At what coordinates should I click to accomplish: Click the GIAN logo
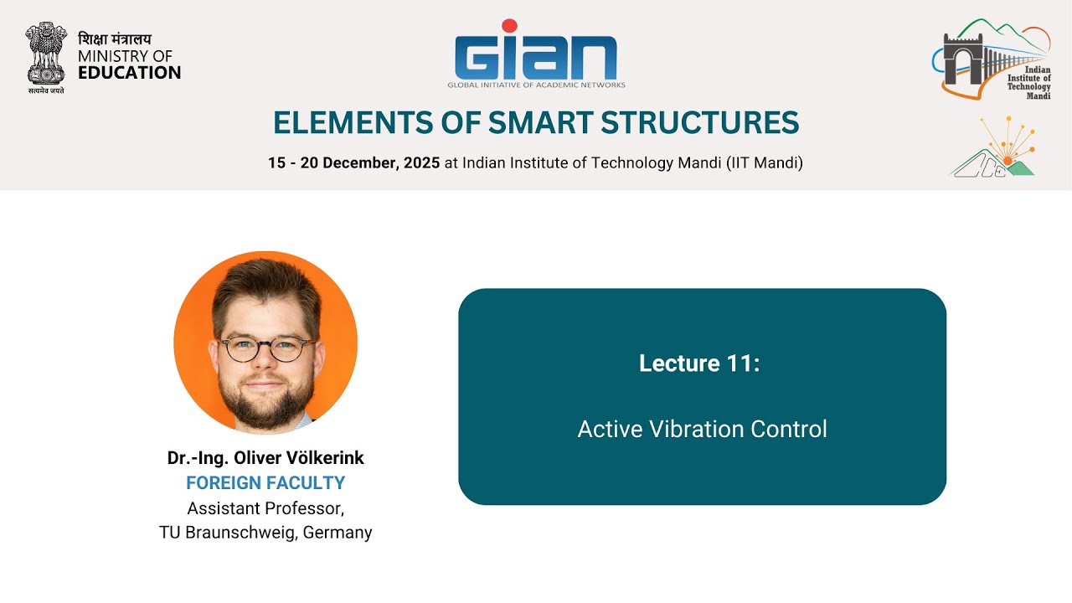(536, 57)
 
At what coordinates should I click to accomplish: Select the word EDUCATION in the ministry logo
(129, 73)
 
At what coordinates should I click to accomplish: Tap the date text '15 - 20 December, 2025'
(353, 163)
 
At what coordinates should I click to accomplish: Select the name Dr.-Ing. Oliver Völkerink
(265, 458)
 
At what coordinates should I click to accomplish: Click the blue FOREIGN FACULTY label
(265, 483)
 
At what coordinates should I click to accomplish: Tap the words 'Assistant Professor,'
(265, 508)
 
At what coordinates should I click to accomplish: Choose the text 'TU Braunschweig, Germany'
(265, 533)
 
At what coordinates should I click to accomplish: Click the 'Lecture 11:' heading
(699, 363)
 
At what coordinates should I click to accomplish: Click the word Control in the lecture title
(789, 430)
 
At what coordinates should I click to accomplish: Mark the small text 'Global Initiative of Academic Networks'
(536, 85)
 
